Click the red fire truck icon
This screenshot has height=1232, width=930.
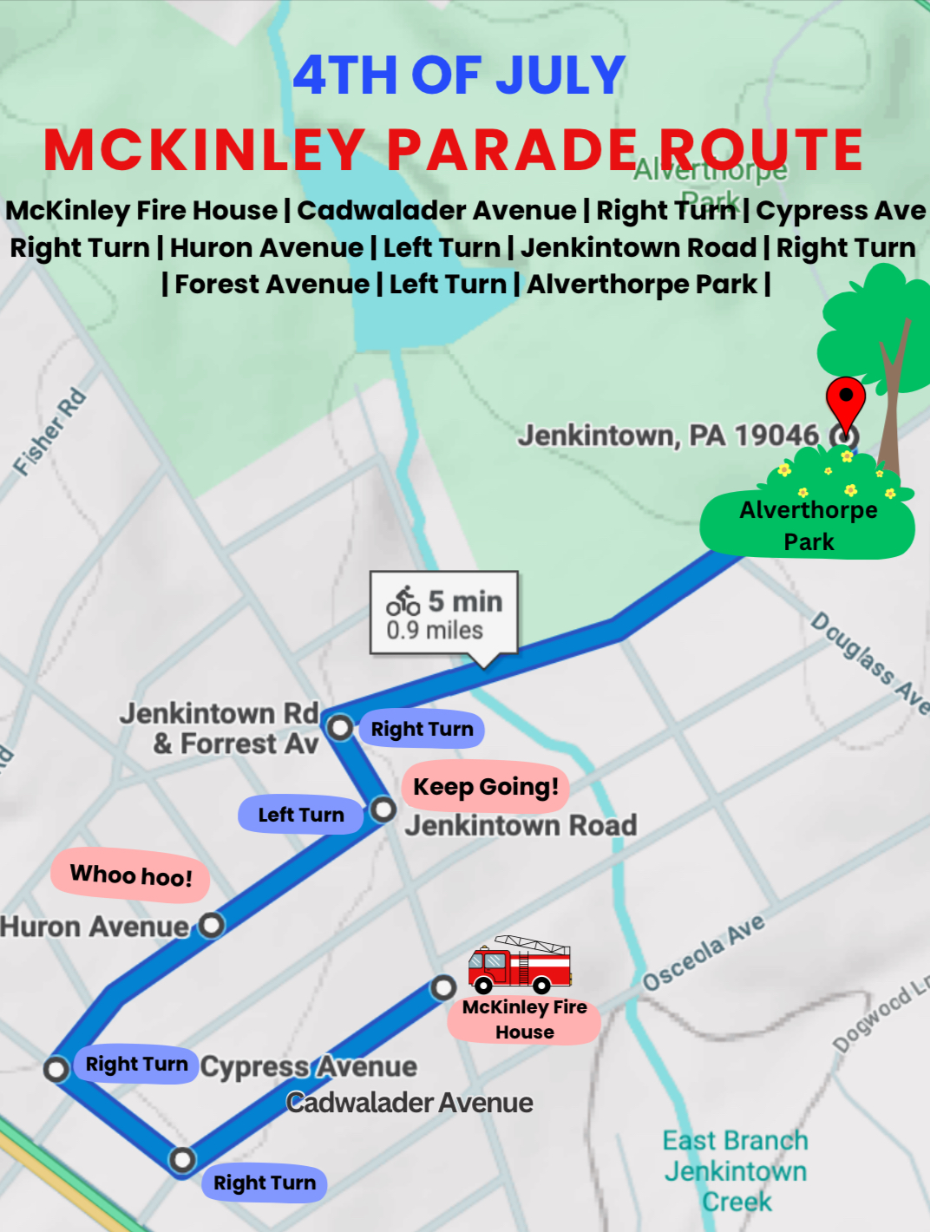(520, 965)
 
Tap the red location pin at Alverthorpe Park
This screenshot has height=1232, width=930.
(845, 402)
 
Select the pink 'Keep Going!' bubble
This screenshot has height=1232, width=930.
(486, 787)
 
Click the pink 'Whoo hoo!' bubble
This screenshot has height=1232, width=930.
(130, 875)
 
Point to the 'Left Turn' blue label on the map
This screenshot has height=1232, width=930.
(301, 815)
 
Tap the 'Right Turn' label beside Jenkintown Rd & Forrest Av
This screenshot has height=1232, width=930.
(422, 729)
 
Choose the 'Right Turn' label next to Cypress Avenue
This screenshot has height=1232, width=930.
(136, 1064)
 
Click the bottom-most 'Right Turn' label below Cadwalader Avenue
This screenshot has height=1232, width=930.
(265, 1183)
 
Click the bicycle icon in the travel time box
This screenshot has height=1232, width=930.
(403, 600)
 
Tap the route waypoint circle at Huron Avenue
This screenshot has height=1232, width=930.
(211, 925)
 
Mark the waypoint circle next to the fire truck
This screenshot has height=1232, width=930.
(443, 987)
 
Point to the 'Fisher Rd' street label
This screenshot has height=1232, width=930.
(50, 432)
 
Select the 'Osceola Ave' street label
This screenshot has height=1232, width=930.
(704, 952)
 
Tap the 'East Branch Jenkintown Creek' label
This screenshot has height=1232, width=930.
(736, 1170)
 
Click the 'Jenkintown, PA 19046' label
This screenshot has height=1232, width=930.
(668, 435)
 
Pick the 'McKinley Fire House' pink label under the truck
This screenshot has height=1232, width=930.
(525, 1019)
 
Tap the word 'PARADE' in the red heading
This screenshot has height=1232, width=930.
(513, 149)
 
